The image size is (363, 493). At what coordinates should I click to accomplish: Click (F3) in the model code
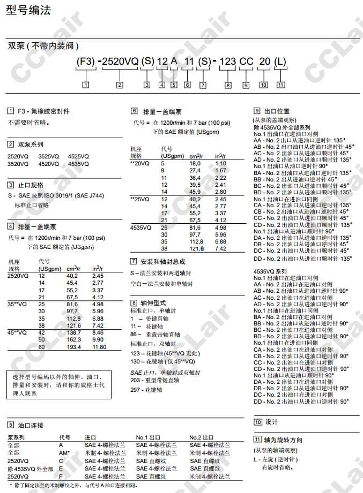86,62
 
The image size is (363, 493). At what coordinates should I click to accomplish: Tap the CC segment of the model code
246,62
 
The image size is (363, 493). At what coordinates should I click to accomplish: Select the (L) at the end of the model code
280,62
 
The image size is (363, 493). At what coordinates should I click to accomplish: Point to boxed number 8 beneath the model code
228,85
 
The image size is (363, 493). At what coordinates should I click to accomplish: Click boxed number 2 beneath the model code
120,85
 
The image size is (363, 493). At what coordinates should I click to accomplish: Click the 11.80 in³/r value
99,347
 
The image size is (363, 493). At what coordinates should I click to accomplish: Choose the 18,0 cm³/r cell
194,163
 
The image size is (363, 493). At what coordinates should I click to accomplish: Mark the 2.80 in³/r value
220,192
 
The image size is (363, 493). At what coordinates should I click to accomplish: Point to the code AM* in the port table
64,452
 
